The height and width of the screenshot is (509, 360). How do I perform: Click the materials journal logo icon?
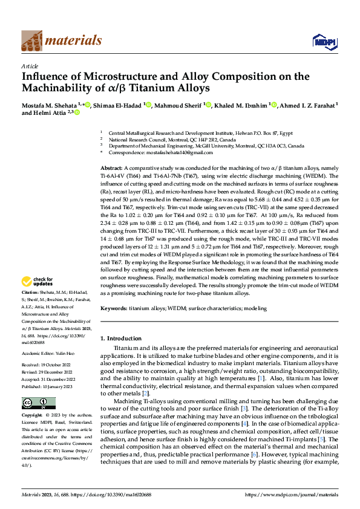click(x=31, y=40)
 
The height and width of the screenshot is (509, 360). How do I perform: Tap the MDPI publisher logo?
click(x=324, y=41)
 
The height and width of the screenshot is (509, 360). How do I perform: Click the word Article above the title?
click(x=30, y=66)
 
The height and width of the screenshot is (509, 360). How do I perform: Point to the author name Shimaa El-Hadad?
click(x=119, y=105)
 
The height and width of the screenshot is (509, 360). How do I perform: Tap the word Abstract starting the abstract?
click(x=111, y=167)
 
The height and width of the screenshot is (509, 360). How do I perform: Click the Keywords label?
click(x=114, y=308)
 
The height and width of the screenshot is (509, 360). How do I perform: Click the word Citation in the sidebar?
click(x=31, y=293)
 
